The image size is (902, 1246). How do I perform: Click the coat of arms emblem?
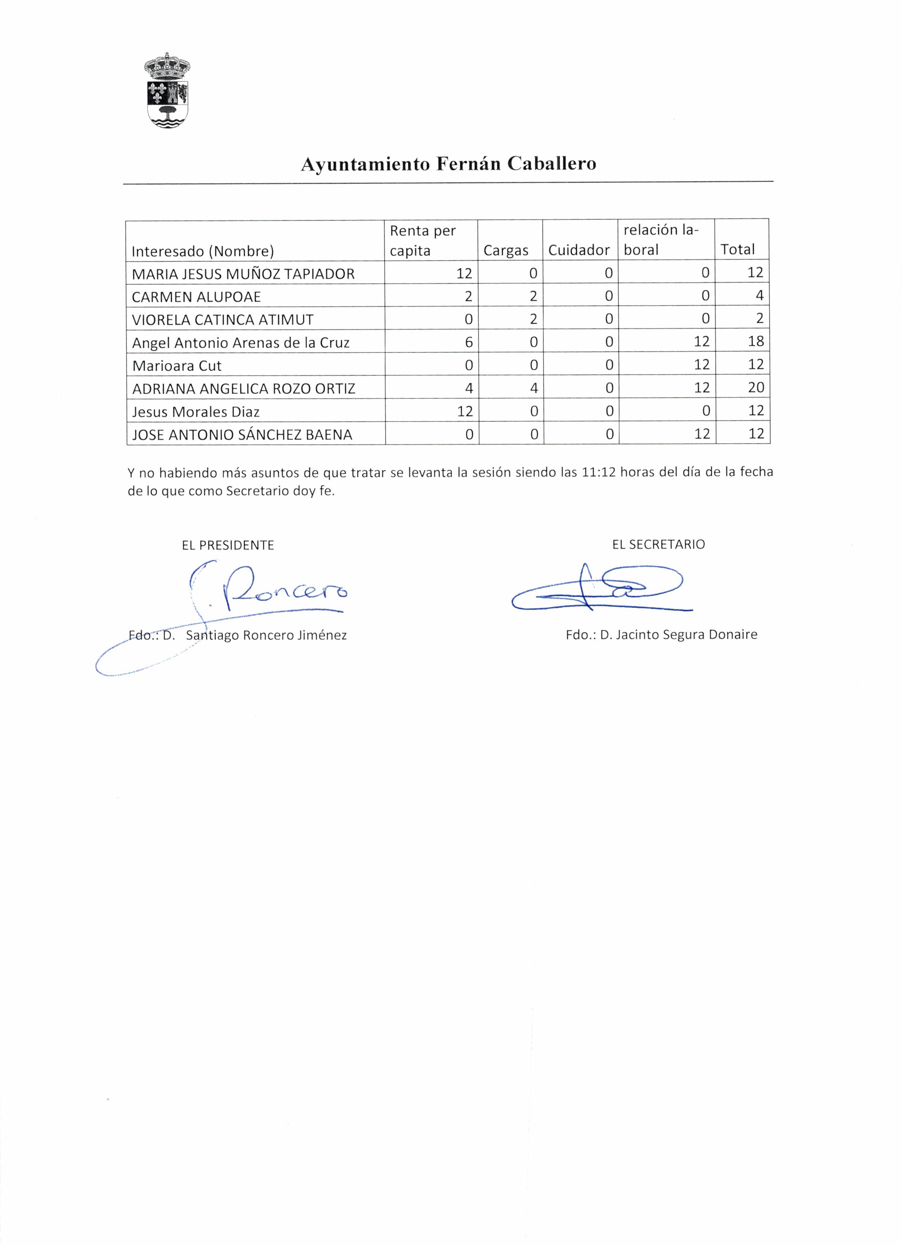click(167, 91)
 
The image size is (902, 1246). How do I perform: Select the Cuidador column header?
click(579, 250)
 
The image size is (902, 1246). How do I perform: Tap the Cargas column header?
click(506, 251)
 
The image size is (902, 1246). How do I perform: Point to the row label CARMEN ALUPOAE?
click(196, 297)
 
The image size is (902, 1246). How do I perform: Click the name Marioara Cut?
click(177, 365)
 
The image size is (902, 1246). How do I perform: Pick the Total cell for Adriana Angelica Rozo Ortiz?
click(756, 387)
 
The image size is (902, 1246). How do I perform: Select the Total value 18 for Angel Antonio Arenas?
click(756, 341)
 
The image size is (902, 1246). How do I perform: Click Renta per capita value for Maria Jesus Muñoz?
click(464, 273)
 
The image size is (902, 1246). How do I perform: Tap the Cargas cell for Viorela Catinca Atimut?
click(533, 319)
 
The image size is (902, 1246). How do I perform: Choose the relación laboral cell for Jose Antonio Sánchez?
click(701, 434)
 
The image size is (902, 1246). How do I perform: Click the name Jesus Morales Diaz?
click(196, 411)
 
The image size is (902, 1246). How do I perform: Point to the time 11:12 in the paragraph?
click(598, 472)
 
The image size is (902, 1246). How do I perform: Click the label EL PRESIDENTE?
click(228, 545)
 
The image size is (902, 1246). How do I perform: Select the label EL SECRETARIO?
click(658, 544)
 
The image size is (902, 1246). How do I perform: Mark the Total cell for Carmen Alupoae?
click(759, 296)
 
